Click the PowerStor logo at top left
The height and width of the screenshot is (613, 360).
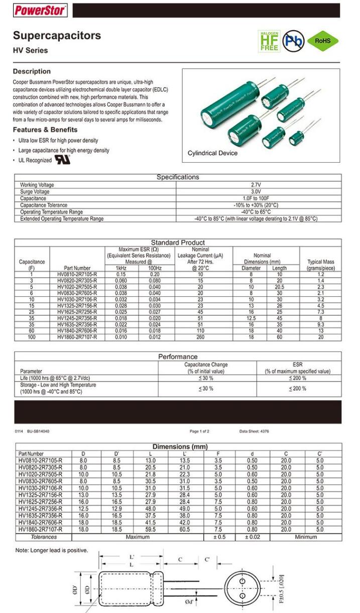coord(40,10)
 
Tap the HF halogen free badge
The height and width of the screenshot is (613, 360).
coord(269,41)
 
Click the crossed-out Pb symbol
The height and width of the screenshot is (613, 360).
coord(293,41)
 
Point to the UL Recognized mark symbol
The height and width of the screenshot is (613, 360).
coord(62,160)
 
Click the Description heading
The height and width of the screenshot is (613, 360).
coord(32,71)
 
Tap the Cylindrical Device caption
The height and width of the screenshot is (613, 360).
coord(212,153)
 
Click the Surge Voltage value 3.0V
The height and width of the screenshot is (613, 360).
coord(256,192)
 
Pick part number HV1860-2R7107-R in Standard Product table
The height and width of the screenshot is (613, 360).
coord(77,337)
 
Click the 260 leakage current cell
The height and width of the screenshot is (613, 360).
coord(200,337)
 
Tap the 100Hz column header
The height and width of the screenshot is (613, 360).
coord(156,268)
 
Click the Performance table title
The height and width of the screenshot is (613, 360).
coord(178,356)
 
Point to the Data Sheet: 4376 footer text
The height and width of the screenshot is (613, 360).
coord(254,431)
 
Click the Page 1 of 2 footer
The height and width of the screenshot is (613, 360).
coord(199,431)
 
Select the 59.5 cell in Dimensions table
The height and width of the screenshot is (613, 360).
coord(150,529)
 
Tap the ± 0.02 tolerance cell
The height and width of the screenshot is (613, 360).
coord(252,537)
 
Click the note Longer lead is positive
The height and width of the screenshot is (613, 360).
coord(52,550)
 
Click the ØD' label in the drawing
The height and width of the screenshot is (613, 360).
coord(76,586)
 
